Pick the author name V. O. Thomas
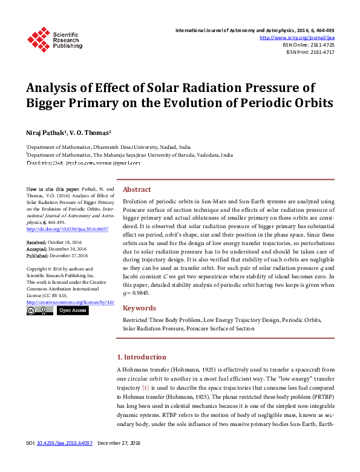[91, 132]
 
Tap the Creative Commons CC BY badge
[40, 310]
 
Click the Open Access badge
[73, 310]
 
